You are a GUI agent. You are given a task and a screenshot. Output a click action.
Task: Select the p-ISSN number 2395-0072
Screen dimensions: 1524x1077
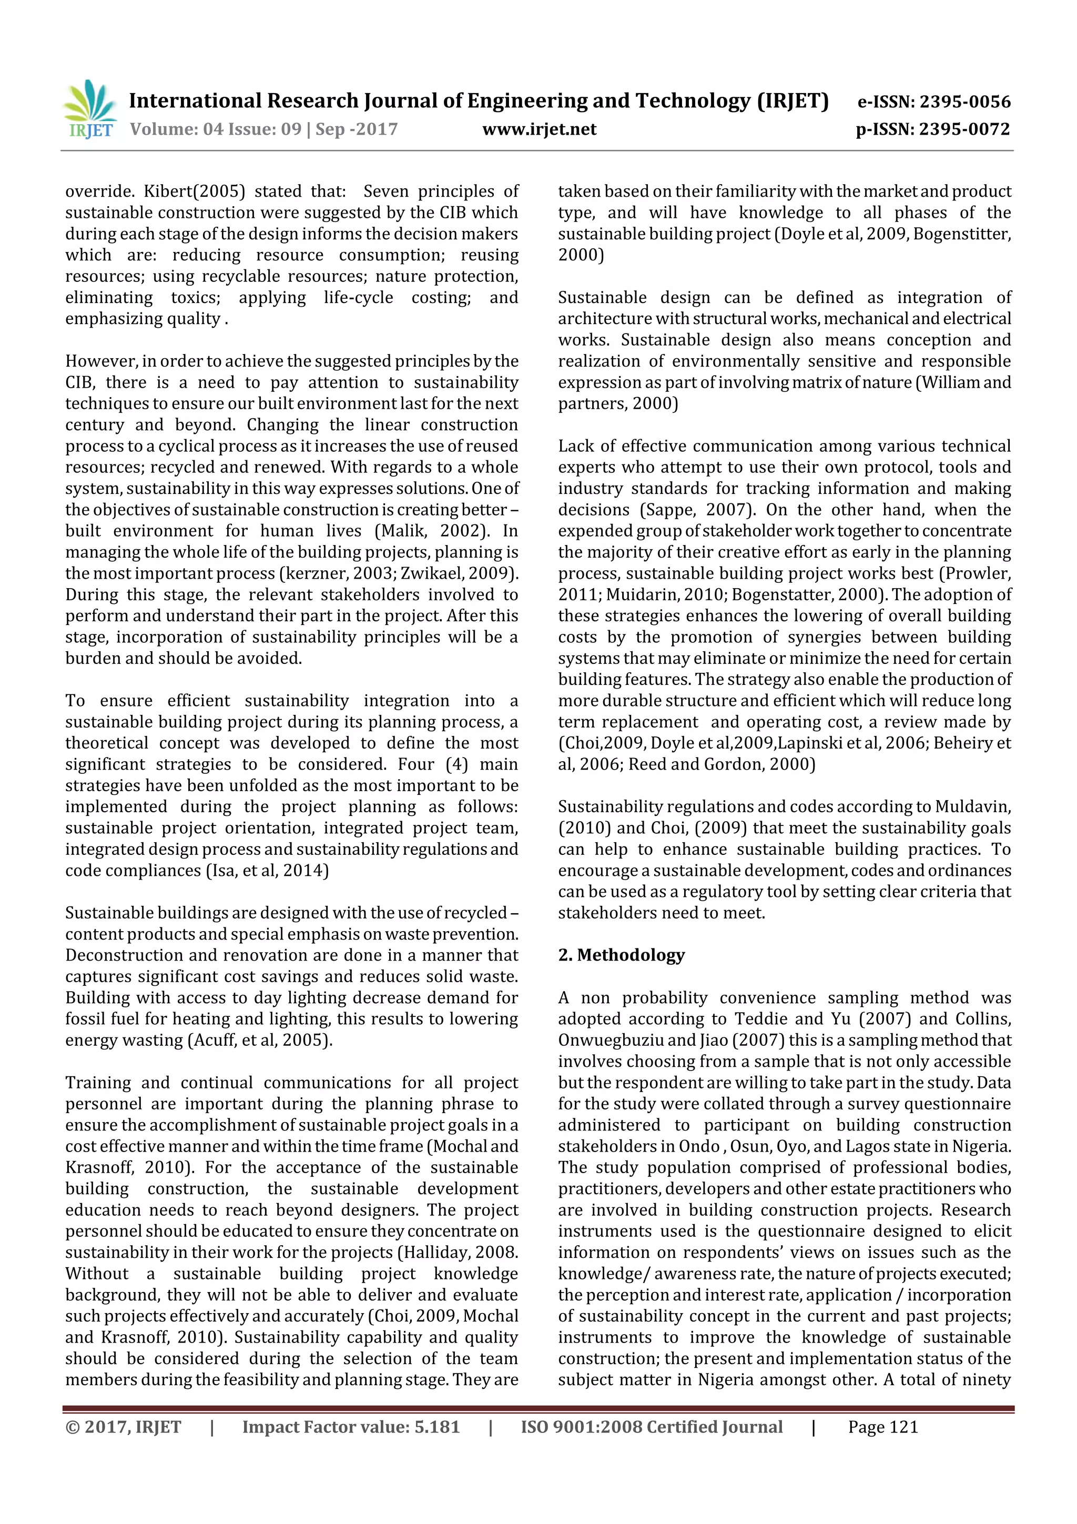click(964, 129)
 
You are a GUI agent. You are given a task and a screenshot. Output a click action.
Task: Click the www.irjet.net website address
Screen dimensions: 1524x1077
click(539, 129)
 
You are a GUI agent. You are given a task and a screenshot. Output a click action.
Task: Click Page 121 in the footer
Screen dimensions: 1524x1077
click(882, 1427)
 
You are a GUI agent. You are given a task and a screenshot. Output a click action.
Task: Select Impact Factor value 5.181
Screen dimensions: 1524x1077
click(350, 1427)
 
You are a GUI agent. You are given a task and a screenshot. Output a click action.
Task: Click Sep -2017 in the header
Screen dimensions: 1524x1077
click(357, 129)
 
